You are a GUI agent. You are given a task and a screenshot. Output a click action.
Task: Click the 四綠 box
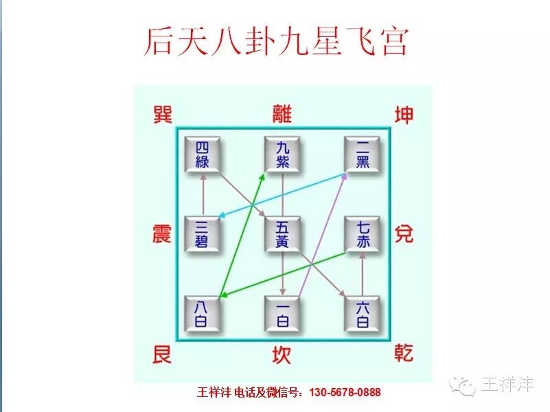coord(203,154)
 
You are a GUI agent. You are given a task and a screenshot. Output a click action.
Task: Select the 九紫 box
coord(283,154)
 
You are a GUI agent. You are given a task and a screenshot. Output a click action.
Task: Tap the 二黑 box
coord(363,154)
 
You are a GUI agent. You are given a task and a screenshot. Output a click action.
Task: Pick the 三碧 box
coord(203,234)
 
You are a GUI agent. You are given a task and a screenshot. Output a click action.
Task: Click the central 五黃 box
coord(283,234)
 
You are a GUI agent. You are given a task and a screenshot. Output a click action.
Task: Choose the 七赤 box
coord(363,234)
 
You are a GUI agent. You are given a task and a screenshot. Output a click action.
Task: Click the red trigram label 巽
coord(161,114)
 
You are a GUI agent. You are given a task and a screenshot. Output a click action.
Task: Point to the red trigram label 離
coord(282,113)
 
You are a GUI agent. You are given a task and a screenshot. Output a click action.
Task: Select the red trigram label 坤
coord(404,114)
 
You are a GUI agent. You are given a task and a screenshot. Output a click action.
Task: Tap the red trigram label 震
coord(161,234)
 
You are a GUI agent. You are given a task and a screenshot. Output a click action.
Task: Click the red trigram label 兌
coord(404,234)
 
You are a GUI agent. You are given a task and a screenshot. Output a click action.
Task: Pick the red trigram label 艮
coord(161,355)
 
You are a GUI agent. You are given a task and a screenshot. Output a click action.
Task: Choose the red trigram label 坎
coord(282,355)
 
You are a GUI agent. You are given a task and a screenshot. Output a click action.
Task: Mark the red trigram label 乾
coord(404,355)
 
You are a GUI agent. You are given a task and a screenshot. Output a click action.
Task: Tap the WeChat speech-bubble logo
coord(461,385)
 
